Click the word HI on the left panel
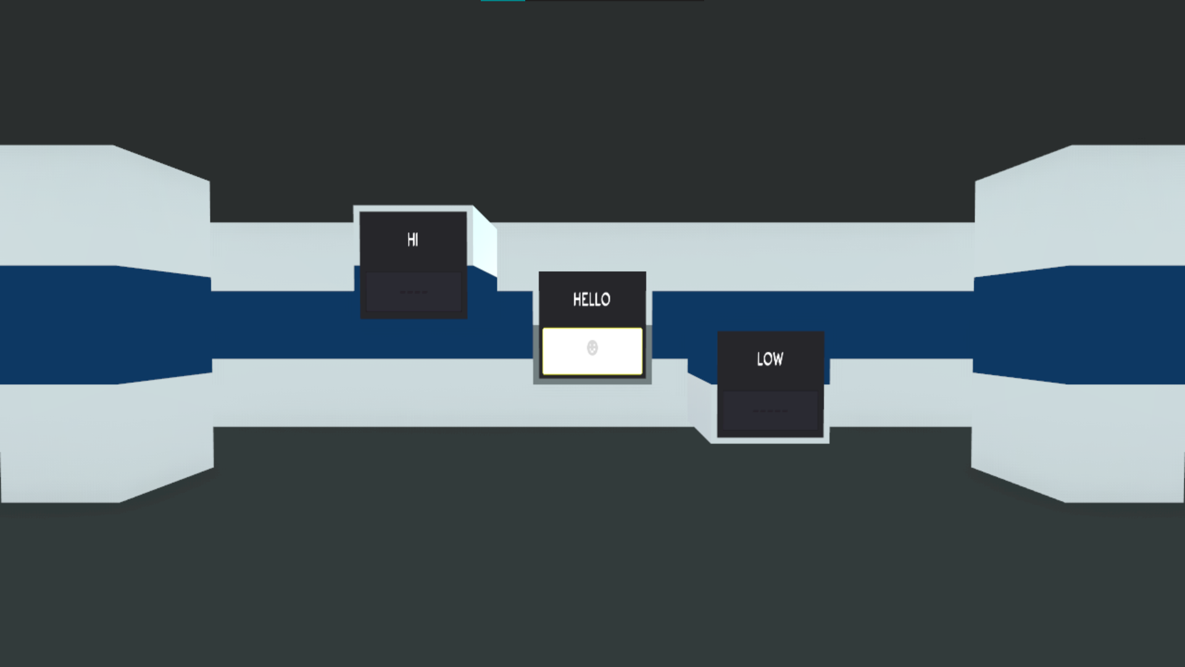pyautogui.click(x=413, y=240)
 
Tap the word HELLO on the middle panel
pyautogui.click(x=591, y=300)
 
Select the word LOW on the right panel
pyautogui.click(x=770, y=359)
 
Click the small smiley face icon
pyautogui.click(x=592, y=348)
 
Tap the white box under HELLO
pyautogui.click(x=592, y=351)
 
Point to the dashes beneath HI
pyautogui.click(x=413, y=292)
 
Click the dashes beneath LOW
pyautogui.click(x=770, y=411)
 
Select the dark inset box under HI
pyautogui.click(x=413, y=292)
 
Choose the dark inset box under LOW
pyautogui.click(x=770, y=411)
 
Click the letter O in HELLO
pyautogui.click(x=605, y=300)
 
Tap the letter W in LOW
pyautogui.click(x=778, y=359)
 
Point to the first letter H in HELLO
pyautogui.click(x=577, y=300)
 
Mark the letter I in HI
pyautogui.click(x=417, y=240)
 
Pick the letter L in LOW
pyautogui.click(x=759, y=359)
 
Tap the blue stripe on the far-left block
pyautogui.click(x=105, y=325)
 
